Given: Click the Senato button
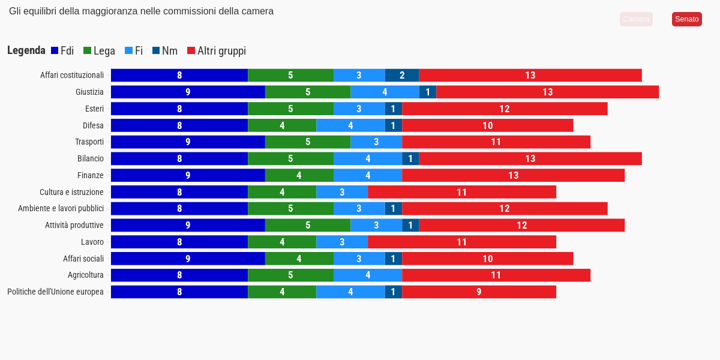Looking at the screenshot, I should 686,19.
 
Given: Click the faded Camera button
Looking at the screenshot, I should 636,19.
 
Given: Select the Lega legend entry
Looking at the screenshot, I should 99,51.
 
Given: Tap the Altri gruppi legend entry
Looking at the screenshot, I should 217,51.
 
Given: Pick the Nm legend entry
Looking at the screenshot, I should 165,51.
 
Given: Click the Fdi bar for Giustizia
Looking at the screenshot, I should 188,92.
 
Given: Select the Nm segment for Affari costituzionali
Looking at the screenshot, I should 402,75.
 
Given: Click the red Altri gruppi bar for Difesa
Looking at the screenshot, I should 487,125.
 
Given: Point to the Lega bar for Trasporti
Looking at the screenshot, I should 308,142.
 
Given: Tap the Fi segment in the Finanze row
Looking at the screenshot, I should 368,175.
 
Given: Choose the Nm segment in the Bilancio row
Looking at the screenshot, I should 410,158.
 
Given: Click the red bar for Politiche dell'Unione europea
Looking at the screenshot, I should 479,292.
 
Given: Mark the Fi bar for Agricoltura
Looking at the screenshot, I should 368,275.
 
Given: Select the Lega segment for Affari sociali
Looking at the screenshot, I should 299,259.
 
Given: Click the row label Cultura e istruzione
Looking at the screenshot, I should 71,192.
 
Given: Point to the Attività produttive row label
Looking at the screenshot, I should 74,225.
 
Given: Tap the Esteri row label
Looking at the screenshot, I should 94,109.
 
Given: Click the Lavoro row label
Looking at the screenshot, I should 92,242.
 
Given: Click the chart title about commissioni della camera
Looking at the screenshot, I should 141,11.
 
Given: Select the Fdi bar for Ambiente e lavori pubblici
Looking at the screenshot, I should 179,208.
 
